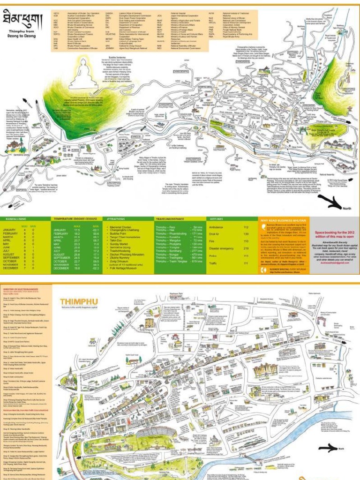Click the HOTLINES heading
tap(203, 219)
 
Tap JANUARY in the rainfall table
tap(10, 230)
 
